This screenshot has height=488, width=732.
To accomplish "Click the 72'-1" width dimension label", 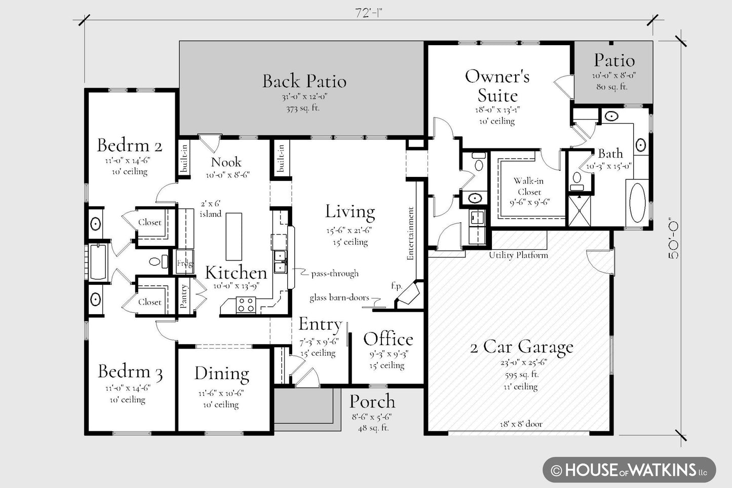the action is click(x=369, y=13).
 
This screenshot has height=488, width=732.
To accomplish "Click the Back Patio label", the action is click(x=304, y=81).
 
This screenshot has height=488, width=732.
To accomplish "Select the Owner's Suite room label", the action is click(x=497, y=86).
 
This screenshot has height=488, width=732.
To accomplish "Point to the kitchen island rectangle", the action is click(x=234, y=237).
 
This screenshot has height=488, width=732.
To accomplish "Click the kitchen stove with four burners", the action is click(x=246, y=305).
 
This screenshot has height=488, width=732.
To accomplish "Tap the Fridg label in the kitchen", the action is click(x=184, y=263).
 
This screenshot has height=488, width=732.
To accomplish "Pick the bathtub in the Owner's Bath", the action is click(x=637, y=203).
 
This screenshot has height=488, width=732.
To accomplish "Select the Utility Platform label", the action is click(x=518, y=255).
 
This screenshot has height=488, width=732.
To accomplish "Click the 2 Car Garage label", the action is click(x=522, y=347).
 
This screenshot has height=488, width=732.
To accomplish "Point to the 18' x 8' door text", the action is click(x=521, y=424).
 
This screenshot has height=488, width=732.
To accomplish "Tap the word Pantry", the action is click(x=184, y=296).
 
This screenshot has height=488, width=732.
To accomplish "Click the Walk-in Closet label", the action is click(x=529, y=186).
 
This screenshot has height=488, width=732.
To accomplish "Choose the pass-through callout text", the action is click(x=335, y=273).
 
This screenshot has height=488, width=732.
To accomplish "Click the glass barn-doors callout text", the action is click(x=339, y=297).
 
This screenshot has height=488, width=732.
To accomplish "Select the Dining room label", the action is click(x=222, y=373).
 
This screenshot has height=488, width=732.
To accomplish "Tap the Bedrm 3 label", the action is click(x=130, y=371).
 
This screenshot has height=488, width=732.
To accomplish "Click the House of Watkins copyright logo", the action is click(x=629, y=470).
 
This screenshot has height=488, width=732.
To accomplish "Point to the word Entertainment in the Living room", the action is click(x=410, y=234).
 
